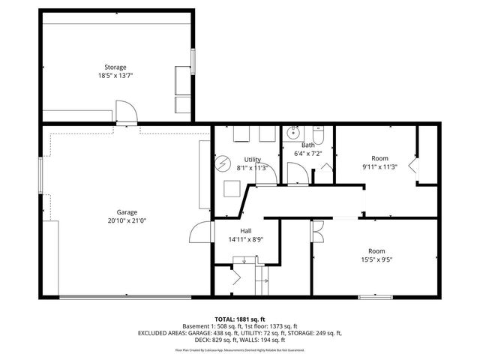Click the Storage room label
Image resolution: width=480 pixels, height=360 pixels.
pos(115,67)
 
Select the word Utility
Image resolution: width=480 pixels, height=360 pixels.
pos(252,160)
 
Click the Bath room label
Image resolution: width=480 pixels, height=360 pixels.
pos(307,145)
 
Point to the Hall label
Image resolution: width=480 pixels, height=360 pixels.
pos(245,231)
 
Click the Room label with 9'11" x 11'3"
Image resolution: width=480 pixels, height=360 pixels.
pos(379,158)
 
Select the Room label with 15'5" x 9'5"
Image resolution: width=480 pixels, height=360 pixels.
pos(376,250)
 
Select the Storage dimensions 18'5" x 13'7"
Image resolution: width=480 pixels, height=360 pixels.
pos(115,76)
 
